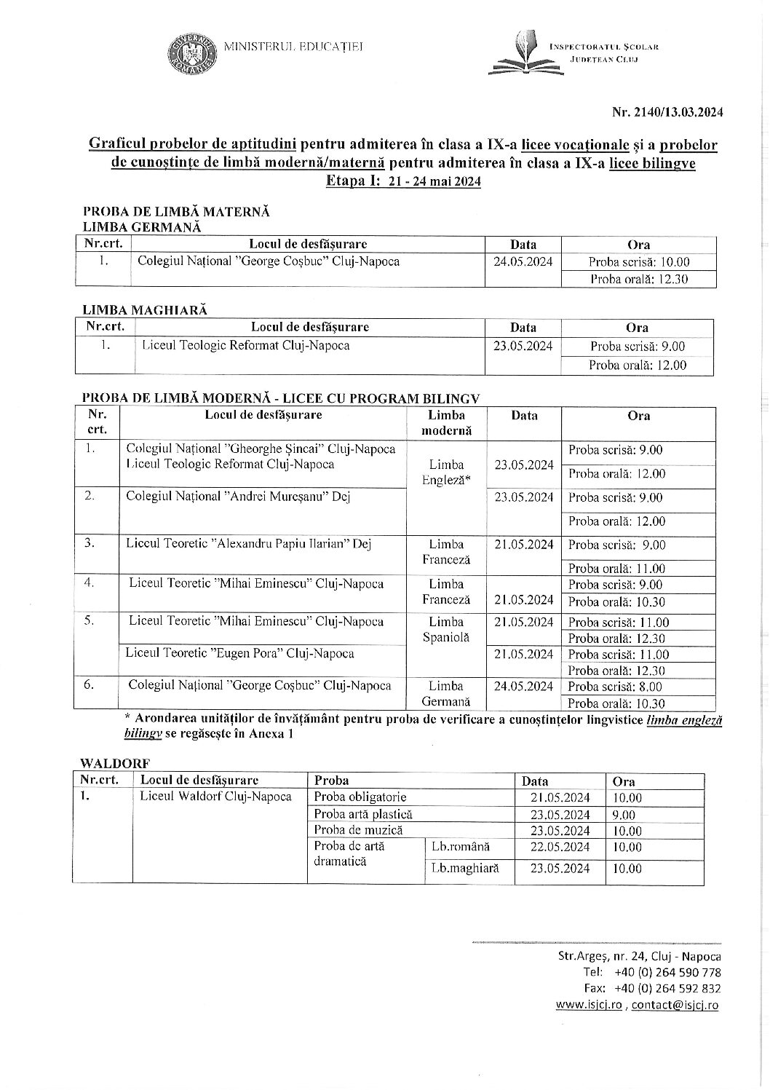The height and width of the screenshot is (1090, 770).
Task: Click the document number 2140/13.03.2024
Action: click(667, 112)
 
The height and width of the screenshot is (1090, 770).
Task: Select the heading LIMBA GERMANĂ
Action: click(142, 227)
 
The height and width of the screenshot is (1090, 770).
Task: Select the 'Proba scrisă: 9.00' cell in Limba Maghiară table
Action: click(637, 347)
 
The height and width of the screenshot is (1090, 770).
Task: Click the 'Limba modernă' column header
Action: click(446, 422)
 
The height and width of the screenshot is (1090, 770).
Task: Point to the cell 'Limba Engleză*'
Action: click(446, 473)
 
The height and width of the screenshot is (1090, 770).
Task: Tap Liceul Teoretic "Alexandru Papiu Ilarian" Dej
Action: click(248, 544)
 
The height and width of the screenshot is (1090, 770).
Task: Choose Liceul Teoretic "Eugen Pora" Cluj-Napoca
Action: click(239, 653)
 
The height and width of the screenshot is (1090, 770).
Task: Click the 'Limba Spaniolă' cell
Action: click(446, 629)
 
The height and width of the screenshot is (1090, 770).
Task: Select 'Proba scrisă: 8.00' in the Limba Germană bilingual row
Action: click(615, 687)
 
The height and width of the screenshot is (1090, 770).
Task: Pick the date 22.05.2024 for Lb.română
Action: click(560, 847)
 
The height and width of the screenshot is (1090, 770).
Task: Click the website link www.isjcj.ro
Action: click(588, 1005)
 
